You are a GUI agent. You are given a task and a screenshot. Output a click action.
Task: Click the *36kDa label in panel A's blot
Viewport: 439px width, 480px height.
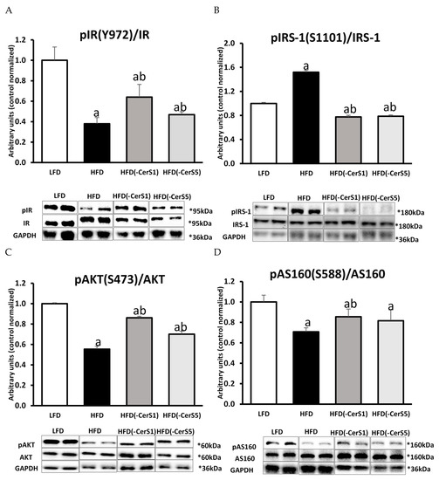[x=193, y=235]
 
